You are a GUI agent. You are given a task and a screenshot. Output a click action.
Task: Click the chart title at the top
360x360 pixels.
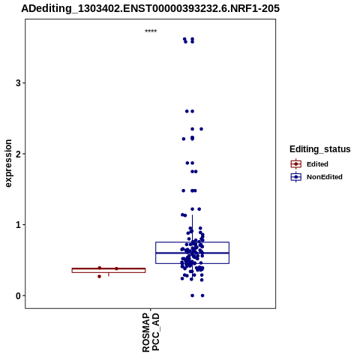coord(150,8)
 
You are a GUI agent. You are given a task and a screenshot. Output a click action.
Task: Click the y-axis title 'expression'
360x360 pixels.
coord(8,163)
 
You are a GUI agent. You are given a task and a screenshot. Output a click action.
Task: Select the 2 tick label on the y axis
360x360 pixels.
coord(18,154)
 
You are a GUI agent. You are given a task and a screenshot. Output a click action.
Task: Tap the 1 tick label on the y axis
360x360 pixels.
coord(18,225)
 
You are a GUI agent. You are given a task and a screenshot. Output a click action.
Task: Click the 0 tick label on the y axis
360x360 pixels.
coord(18,295)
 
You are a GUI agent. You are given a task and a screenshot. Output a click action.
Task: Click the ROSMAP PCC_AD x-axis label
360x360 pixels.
coord(151,332)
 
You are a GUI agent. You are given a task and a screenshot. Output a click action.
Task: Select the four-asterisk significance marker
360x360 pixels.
coord(151,31)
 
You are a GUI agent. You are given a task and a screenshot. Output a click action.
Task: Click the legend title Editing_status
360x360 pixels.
coord(319,149)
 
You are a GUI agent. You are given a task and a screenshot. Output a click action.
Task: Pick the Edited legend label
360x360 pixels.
coord(317,164)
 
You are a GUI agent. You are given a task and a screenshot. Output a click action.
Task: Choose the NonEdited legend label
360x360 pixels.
coord(325,177)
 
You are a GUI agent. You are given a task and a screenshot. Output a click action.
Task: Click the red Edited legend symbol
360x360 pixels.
coord(296,164)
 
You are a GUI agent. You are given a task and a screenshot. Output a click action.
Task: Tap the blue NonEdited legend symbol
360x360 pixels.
coord(296,177)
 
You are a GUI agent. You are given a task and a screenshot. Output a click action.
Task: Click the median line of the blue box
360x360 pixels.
coord(192,253)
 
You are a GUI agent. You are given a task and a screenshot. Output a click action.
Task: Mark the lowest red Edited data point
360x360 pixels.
coord(99,277)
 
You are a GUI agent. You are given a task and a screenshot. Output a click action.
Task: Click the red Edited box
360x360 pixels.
coord(109,270)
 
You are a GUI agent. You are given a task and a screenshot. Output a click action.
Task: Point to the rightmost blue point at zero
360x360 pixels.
coord(202,295)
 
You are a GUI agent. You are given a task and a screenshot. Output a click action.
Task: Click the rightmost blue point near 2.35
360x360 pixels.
coord(201,129)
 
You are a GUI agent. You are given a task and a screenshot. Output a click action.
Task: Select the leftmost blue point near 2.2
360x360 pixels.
coord(184,139)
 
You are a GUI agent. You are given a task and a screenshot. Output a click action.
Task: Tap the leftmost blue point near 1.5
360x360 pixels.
coord(183,190)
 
